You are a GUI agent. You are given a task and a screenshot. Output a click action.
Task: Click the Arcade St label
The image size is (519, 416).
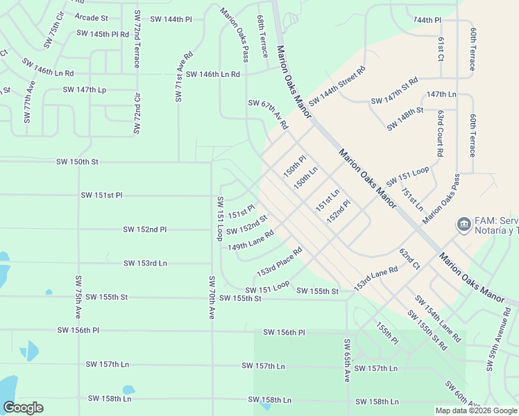click(x=91, y=17)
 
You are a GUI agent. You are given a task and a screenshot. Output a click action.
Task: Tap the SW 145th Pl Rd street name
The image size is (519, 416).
click(x=103, y=33)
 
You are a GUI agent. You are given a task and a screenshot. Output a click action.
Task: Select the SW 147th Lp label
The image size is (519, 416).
click(x=85, y=89)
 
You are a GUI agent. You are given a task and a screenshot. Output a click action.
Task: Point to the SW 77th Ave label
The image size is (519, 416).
click(x=29, y=102)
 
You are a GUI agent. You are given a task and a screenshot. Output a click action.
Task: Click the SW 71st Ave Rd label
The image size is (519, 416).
click(x=183, y=76)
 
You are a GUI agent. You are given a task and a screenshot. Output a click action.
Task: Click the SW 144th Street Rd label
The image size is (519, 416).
click(x=337, y=87)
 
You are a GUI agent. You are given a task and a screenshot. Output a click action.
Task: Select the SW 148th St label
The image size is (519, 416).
click(x=405, y=115)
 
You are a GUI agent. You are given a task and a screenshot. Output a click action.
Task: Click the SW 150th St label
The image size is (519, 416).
click(x=77, y=162)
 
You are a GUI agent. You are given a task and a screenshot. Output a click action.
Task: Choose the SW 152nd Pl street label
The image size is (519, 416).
click(x=145, y=229)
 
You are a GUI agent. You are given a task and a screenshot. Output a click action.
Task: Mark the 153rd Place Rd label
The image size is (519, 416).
click(x=280, y=261)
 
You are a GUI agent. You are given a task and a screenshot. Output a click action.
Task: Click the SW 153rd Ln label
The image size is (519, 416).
click(x=145, y=263)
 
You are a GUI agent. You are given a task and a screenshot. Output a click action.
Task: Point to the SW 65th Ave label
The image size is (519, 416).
click(x=346, y=361)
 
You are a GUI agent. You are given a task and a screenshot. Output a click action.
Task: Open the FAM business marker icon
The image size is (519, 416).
click(x=463, y=225)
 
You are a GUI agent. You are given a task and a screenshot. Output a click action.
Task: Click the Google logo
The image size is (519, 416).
click(x=23, y=407)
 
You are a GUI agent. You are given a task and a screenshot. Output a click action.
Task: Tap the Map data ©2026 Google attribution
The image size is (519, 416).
click(x=475, y=410)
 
